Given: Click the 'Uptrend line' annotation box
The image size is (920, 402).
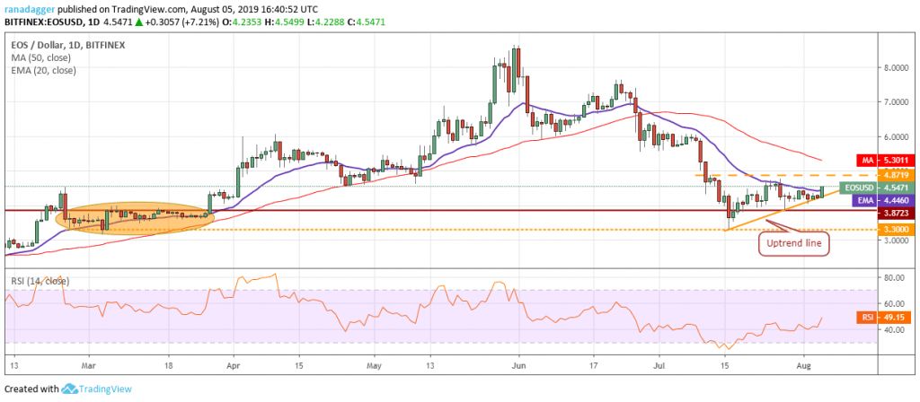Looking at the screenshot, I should point(795,243).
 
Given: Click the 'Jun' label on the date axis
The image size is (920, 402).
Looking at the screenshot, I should point(516,365).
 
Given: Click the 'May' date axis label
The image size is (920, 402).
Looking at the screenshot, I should point(375,365).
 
